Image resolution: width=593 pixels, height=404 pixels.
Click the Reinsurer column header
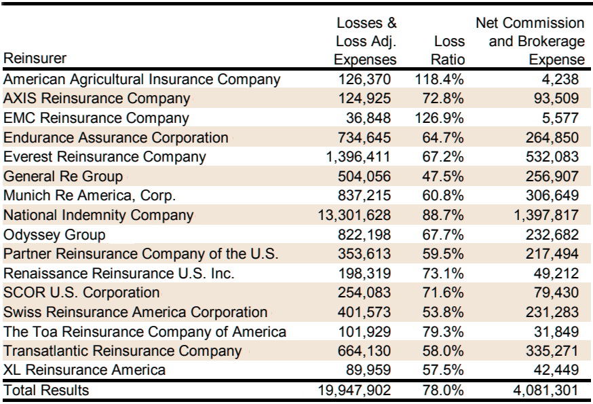pos(35,58)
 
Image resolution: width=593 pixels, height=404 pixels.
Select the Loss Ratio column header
pos(449,50)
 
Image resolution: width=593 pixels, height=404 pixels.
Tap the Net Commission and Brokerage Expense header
pos(530,41)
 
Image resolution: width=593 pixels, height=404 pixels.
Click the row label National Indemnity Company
pos(98,215)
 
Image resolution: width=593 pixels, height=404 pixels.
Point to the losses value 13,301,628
pos(354,215)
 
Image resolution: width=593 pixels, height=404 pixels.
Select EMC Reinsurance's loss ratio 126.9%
pos(440,117)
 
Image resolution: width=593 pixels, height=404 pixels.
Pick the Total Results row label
pos(46,390)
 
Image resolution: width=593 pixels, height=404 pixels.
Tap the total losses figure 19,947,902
pos(354,390)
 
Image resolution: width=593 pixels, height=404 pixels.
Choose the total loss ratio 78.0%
pos(443,390)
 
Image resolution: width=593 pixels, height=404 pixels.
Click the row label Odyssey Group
pos(54,235)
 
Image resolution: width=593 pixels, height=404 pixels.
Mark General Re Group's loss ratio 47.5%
pos(443,177)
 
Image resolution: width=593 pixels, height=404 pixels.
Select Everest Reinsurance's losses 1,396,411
pos(358,157)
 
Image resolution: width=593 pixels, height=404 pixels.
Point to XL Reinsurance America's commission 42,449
pos(556,369)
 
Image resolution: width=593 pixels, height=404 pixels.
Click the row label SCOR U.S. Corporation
pos(81,293)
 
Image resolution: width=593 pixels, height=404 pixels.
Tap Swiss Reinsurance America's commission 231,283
pos(552,312)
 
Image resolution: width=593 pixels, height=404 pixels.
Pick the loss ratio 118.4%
pos(440,79)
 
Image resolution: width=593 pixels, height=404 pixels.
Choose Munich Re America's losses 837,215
pos(364,196)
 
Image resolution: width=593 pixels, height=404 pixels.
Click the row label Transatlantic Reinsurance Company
pos(123,350)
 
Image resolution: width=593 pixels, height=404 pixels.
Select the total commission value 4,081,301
pos(546,390)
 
